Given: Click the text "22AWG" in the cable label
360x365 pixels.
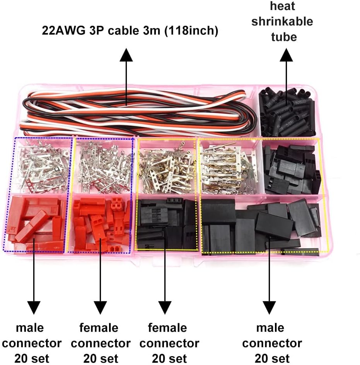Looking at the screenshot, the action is tap(63, 31).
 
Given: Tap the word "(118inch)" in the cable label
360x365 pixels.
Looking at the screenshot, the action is tap(191, 31).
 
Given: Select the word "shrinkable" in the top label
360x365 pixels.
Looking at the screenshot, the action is tap(282, 21).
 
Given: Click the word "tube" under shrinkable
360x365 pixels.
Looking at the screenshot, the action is tap(284, 37).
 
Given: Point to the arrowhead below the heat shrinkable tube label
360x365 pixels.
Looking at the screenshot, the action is tap(287, 55).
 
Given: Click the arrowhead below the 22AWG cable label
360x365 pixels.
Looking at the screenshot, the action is tap(126, 55).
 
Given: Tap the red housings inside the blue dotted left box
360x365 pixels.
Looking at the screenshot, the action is tap(35, 223).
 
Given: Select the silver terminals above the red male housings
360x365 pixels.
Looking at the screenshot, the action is tap(41, 166).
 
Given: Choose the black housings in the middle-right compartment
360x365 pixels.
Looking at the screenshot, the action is tap(292, 170).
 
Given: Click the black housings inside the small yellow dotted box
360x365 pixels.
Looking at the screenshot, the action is tap(167, 224).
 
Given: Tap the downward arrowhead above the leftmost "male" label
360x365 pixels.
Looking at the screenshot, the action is tap(34, 307).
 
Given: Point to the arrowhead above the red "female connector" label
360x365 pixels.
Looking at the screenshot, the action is tap(100, 307).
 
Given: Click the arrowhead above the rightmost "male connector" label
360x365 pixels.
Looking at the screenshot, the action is tap(270, 307).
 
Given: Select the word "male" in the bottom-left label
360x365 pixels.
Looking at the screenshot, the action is tap(30, 328).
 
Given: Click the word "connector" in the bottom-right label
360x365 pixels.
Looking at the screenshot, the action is tap(272, 343).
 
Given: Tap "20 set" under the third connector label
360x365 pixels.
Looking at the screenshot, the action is tap(169, 359).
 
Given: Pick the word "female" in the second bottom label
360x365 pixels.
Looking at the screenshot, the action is tap(99, 328).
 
